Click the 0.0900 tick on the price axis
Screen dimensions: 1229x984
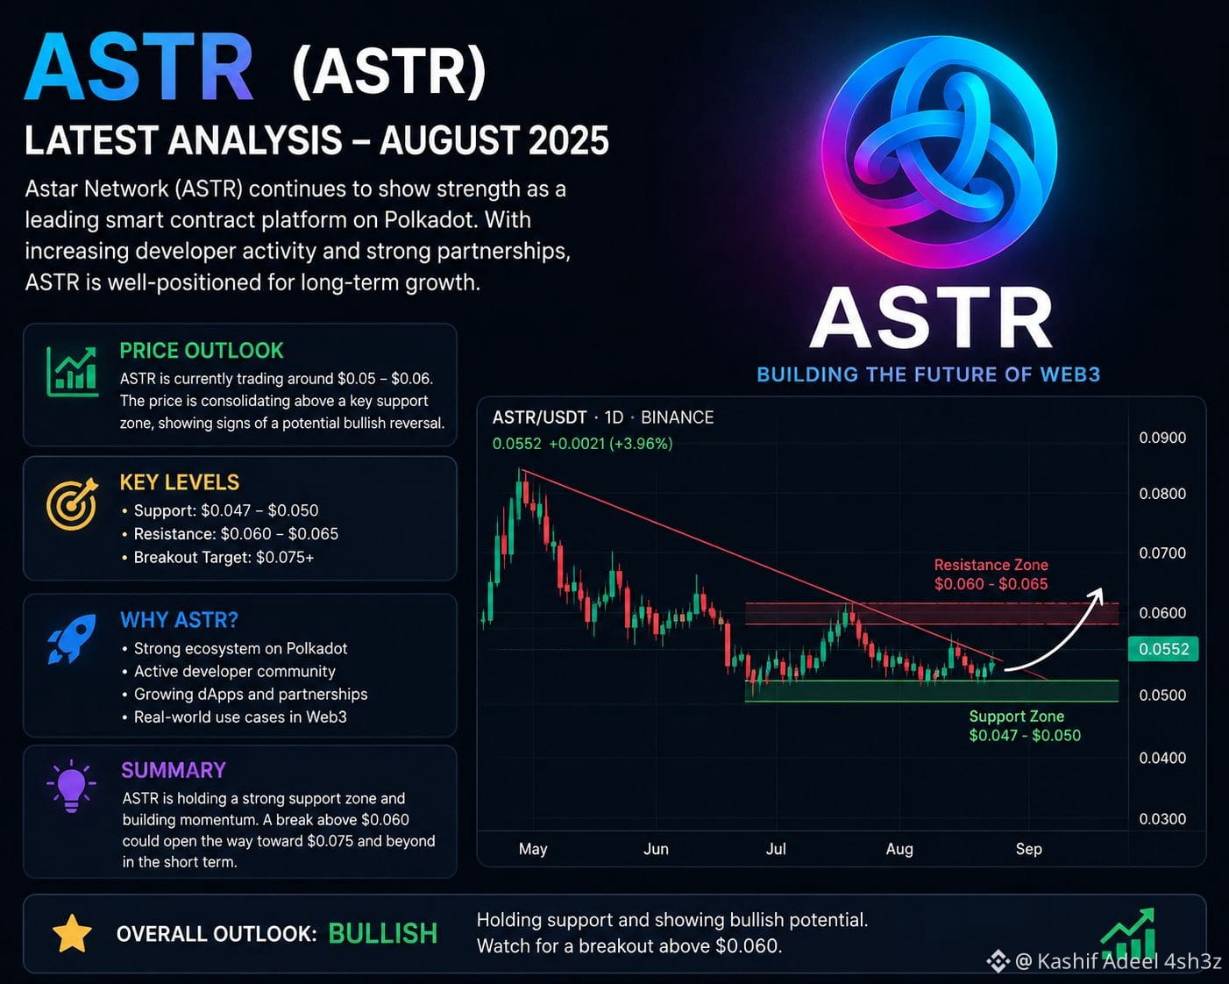click(1162, 438)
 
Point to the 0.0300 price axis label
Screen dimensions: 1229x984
click(1162, 819)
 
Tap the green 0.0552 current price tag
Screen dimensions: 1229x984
click(1163, 649)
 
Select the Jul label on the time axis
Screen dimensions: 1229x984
click(776, 849)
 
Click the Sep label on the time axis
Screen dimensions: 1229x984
click(1028, 849)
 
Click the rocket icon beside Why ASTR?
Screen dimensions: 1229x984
click(71, 638)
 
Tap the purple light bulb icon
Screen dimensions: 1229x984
click(71, 786)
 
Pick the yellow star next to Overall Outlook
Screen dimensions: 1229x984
click(72, 934)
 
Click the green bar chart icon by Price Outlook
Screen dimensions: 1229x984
click(72, 372)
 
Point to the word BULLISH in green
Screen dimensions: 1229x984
click(382, 934)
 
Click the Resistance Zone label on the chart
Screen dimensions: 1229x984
click(991, 574)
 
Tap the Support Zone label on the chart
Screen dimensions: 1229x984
click(1025, 725)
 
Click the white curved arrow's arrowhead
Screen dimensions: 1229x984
click(1096, 596)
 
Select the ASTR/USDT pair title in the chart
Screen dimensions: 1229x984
click(539, 417)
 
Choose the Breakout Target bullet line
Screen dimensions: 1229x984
click(217, 558)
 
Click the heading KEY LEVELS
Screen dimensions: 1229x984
click(180, 483)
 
